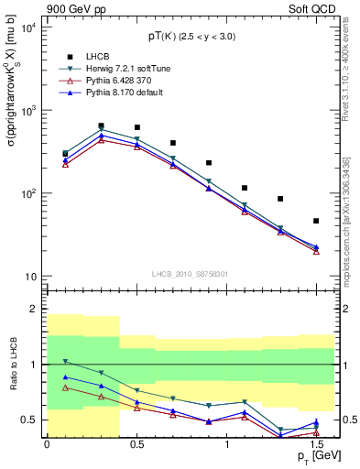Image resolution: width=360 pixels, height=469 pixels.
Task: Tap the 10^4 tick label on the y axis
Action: point(27,27)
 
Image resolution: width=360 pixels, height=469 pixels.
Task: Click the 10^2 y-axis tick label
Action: point(27,193)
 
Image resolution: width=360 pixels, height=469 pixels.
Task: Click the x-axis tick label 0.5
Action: point(136,443)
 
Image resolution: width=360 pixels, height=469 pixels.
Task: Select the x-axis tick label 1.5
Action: point(315,443)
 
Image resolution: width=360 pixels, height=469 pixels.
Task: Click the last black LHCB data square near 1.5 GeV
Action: point(316,221)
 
